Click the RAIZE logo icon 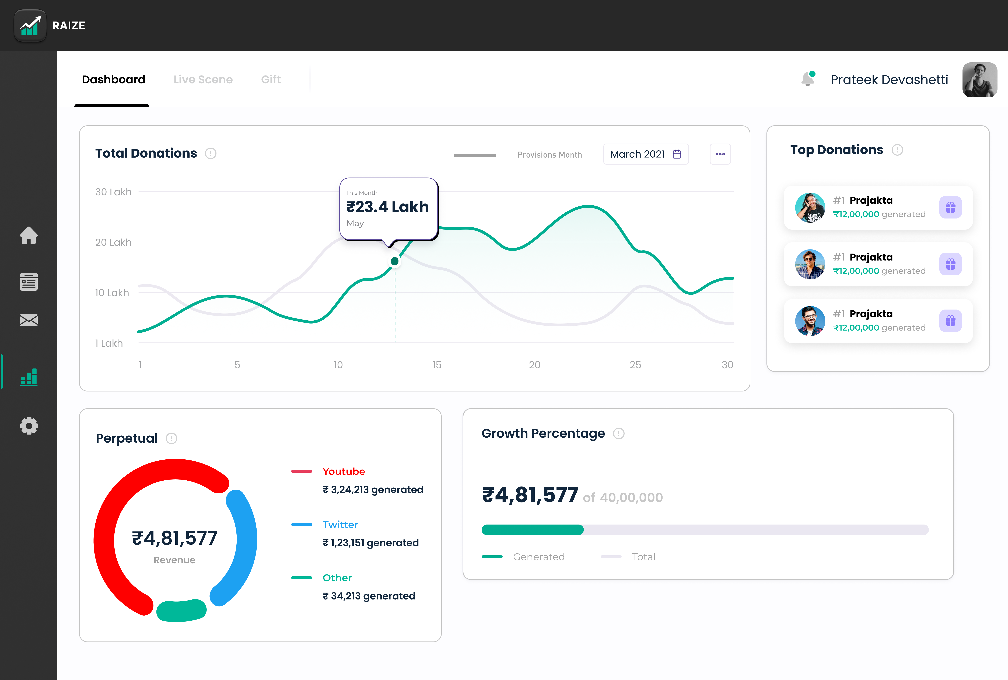30,26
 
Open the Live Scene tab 203,79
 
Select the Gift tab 271,79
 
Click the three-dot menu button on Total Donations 720,154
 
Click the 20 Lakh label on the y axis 113,242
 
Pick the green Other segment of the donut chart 181,611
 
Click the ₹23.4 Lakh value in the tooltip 387,207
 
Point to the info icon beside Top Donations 897,150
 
